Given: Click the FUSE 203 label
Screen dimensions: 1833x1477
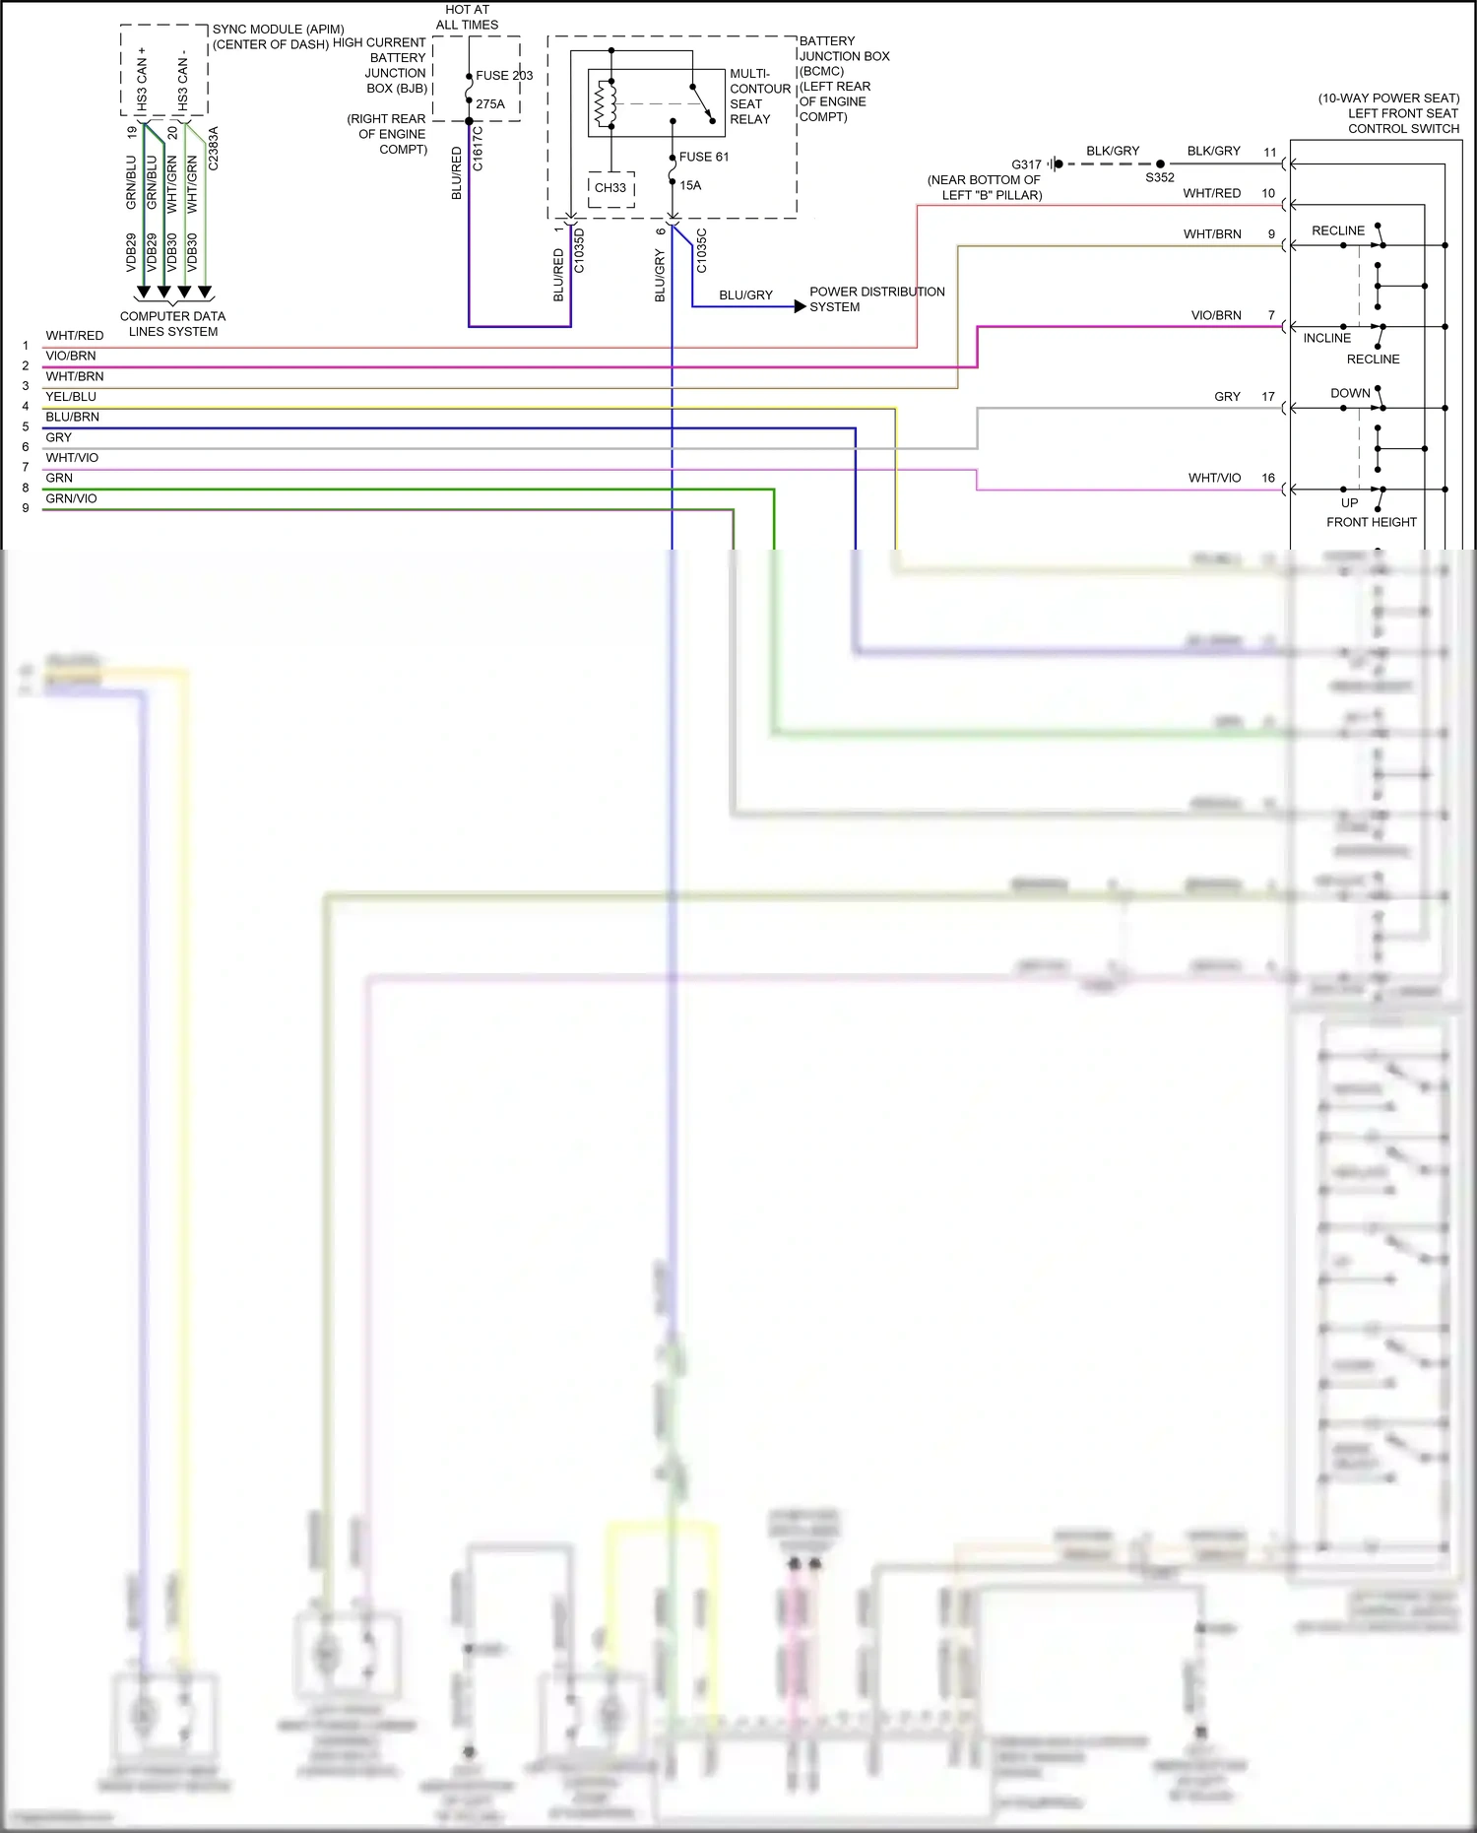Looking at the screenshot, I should click(504, 76).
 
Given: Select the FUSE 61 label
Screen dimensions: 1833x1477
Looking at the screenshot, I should click(704, 157).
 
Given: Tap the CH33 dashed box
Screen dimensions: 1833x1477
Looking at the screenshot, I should click(610, 188).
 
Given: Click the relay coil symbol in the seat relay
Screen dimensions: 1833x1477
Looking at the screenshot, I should click(605, 103).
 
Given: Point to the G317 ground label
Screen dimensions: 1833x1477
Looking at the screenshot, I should click(1026, 164).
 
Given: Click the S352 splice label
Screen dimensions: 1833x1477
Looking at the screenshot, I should click(1160, 178).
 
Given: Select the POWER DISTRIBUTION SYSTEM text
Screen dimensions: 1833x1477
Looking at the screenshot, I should click(876, 299).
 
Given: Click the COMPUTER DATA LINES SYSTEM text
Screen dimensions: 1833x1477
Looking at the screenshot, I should click(173, 324).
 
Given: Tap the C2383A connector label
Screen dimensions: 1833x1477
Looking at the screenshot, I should click(214, 149).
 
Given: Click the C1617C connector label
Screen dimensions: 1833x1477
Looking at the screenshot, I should click(479, 149).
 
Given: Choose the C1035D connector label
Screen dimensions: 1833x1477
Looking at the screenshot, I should click(579, 251).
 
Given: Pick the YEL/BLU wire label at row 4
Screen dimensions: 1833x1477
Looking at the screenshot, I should click(71, 397).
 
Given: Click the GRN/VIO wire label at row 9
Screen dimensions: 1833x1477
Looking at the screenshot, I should click(71, 498).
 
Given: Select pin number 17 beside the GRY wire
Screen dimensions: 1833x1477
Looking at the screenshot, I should click(1268, 397).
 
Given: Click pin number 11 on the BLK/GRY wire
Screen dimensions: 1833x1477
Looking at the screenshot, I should click(1270, 153).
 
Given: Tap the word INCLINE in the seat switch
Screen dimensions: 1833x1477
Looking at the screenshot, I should click(1327, 338).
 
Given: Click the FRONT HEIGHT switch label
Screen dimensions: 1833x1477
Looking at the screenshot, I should click(1371, 522).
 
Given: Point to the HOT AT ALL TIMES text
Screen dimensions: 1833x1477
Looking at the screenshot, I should click(467, 17).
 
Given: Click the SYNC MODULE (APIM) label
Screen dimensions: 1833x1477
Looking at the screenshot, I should click(279, 30).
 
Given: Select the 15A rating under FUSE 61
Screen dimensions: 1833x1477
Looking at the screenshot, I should click(690, 185).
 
